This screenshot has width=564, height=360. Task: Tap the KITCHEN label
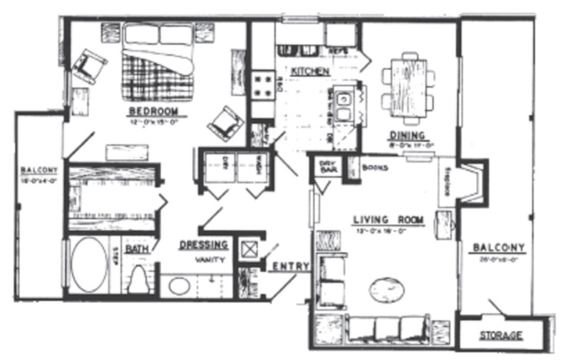click(x=309, y=70)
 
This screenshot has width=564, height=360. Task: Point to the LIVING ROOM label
click(x=387, y=220)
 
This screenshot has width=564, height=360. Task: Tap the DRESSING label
click(x=205, y=244)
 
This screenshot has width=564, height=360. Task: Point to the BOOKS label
click(x=375, y=166)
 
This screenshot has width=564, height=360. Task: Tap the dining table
click(x=407, y=82)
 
